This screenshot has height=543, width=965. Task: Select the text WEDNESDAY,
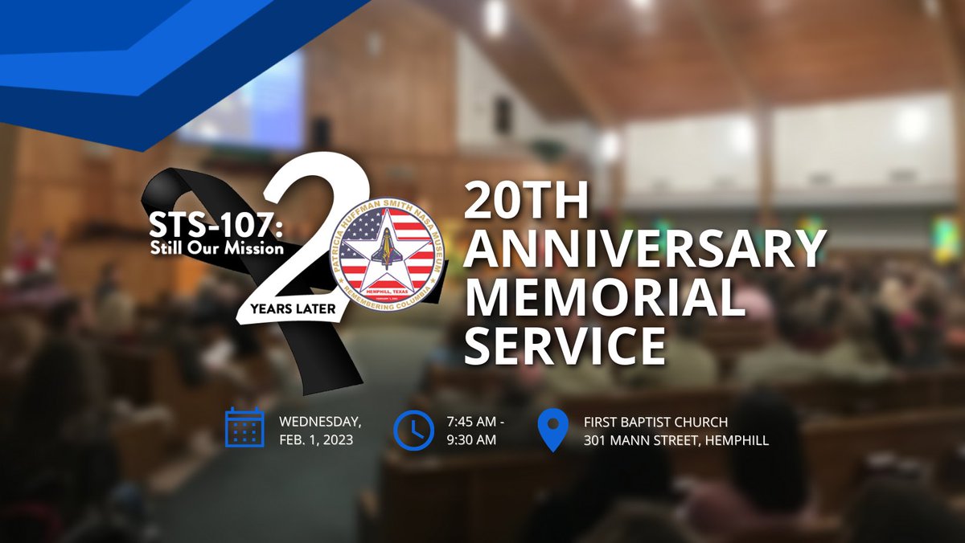coord(319,422)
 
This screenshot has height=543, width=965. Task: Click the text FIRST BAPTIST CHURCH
coord(656,422)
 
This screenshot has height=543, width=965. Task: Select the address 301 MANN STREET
coord(640,440)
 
